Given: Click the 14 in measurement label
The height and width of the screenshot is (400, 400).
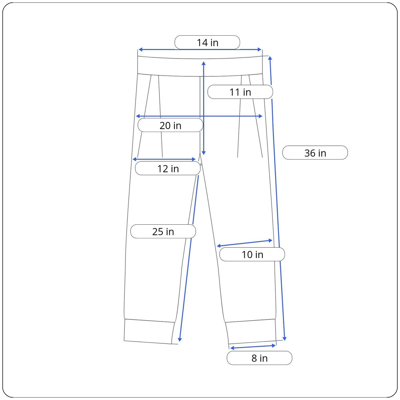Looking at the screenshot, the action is point(207,42).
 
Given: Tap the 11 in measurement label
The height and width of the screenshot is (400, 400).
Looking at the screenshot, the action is point(240,92).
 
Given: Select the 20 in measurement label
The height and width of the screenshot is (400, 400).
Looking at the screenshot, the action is point(170,125).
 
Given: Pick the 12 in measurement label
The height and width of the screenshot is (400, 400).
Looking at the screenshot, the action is point(168,168).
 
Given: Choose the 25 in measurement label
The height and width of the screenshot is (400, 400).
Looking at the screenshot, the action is point(163,231).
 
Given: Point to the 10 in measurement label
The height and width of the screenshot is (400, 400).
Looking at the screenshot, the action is point(252,254).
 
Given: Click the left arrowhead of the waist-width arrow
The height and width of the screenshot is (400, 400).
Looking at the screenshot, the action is point(140,49).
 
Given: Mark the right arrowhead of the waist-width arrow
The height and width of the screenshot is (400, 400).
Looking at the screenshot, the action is point(259,49).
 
